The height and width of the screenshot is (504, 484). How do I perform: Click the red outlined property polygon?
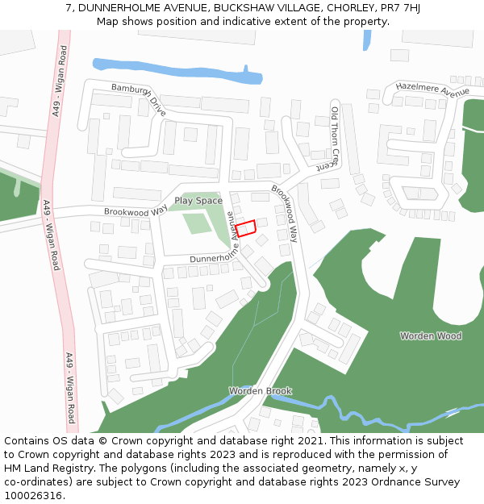point(245,227)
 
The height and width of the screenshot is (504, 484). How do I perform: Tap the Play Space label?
point(198,201)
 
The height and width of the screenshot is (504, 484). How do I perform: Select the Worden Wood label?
point(431,335)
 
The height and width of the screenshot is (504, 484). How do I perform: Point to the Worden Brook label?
point(260,391)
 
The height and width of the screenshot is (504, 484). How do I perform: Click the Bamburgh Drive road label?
point(139,100)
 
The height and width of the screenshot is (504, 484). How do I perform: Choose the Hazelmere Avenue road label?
point(432,90)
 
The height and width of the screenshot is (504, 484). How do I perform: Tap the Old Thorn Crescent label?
point(336,137)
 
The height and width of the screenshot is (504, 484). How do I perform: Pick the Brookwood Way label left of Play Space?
point(135,211)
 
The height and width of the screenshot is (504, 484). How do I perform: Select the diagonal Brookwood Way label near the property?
point(285,214)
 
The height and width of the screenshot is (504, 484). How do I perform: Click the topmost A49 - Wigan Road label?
point(60,81)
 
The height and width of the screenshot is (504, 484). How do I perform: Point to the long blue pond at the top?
point(177,70)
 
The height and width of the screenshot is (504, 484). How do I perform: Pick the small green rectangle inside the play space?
point(197,223)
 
